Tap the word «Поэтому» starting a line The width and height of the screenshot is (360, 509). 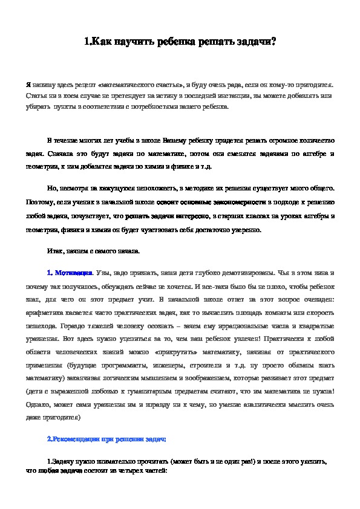tap(39, 203)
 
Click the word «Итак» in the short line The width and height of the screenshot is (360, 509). tap(54, 250)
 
